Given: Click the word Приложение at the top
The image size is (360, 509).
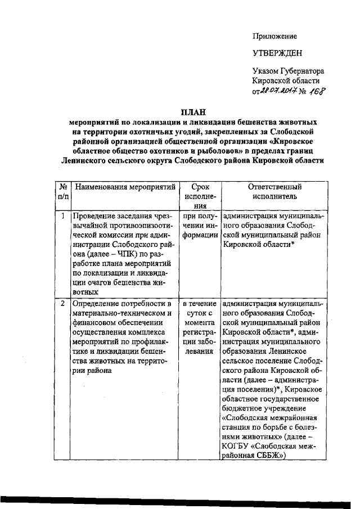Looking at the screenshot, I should [274, 37].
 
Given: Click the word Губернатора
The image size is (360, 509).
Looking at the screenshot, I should [300, 71].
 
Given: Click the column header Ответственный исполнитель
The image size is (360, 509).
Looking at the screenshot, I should [274, 191].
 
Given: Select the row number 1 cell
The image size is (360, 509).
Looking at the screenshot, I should [63, 215].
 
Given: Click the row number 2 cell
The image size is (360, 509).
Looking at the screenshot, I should [63, 304].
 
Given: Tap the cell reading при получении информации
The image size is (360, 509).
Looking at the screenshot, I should [200, 226].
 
